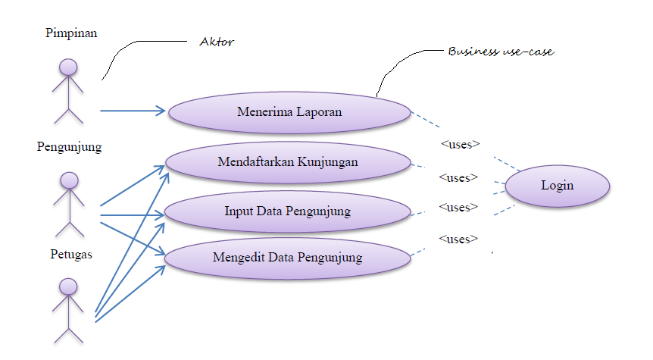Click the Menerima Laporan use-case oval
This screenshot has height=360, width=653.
289,112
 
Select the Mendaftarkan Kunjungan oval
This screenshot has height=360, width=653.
287,161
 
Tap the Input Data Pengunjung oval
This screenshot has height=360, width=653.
287,211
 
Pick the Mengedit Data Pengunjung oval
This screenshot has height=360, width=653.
287,257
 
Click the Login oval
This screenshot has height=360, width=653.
557,186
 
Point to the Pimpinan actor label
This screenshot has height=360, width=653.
71,33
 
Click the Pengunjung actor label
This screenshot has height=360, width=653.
69,147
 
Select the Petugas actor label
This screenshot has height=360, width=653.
70,254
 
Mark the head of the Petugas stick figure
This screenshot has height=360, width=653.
69,287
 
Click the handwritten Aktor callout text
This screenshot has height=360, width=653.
216,42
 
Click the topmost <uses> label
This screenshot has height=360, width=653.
460,143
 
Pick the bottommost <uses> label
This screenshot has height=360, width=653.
458,239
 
